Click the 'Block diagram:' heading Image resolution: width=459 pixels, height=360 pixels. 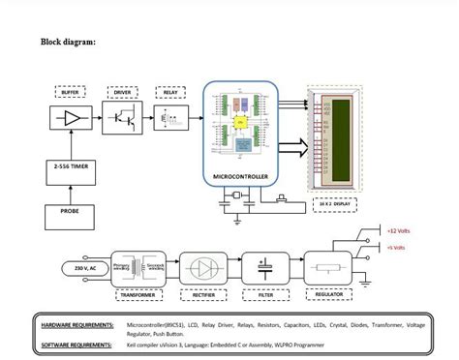[x=68, y=42]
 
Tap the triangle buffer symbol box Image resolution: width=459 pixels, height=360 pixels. [x=70, y=119]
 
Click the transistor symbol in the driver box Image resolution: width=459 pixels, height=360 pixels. [x=123, y=119]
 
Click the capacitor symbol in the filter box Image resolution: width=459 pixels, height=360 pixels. [x=261, y=266]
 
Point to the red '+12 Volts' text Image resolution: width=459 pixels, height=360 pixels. [x=399, y=232]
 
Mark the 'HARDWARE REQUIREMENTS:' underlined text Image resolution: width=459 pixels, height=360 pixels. [x=78, y=325]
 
